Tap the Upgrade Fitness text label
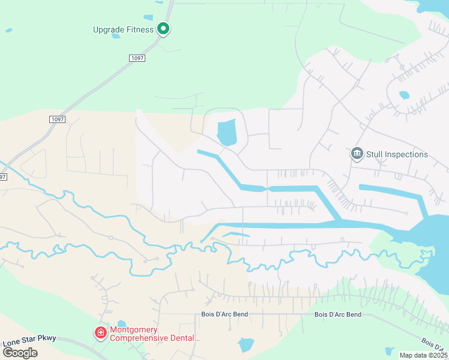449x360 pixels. pos(123,29)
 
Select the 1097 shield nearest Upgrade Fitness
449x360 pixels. pos(137,58)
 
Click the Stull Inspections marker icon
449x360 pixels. pos(357,154)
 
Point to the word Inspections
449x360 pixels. pos(407,155)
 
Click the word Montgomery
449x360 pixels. pos(133,330)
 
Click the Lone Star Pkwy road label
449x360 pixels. pos(29,339)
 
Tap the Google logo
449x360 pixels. pos(20,352)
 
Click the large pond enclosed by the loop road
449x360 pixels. pos(226,133)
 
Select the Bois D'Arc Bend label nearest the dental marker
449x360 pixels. pos(224,314)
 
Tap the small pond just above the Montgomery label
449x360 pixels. pos(122,324)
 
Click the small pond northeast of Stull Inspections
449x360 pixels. pos(404,95)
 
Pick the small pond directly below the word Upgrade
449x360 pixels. pos(116,36)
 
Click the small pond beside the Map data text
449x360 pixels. pos(390,351)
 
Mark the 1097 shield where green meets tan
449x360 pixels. pos(57,119)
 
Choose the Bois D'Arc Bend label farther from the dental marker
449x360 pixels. pos(338,314)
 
